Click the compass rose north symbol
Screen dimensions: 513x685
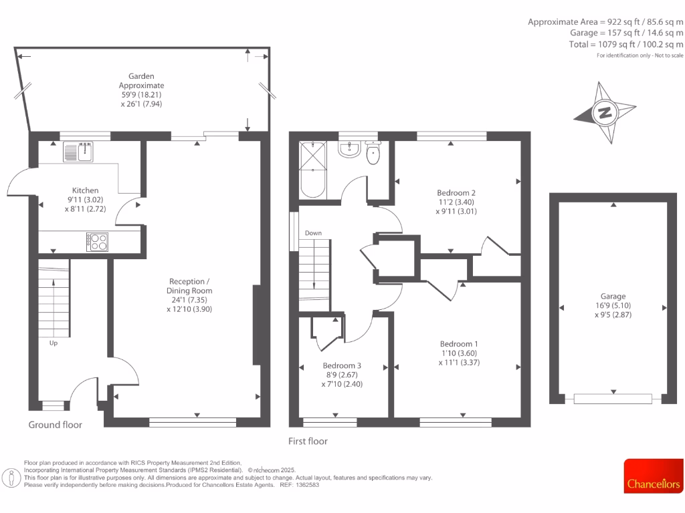[605, 112]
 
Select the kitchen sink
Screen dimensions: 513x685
[79, 152]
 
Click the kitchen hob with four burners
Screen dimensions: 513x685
[98, 241]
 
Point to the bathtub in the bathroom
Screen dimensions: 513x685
[312, 170]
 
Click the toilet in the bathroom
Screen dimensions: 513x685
[373, 154]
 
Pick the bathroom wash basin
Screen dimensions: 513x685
[349, 148]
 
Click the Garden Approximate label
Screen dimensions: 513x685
[141, 90]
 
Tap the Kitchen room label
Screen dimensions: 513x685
[86, 190]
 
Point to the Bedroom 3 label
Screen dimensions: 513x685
[342, 365]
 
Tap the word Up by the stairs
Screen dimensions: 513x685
[53, 343]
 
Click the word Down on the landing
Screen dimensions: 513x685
[313, 233]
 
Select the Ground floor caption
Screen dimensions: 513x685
[56, 425]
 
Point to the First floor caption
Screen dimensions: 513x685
[308, 441]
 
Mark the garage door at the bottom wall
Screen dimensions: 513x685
[613, 399]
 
